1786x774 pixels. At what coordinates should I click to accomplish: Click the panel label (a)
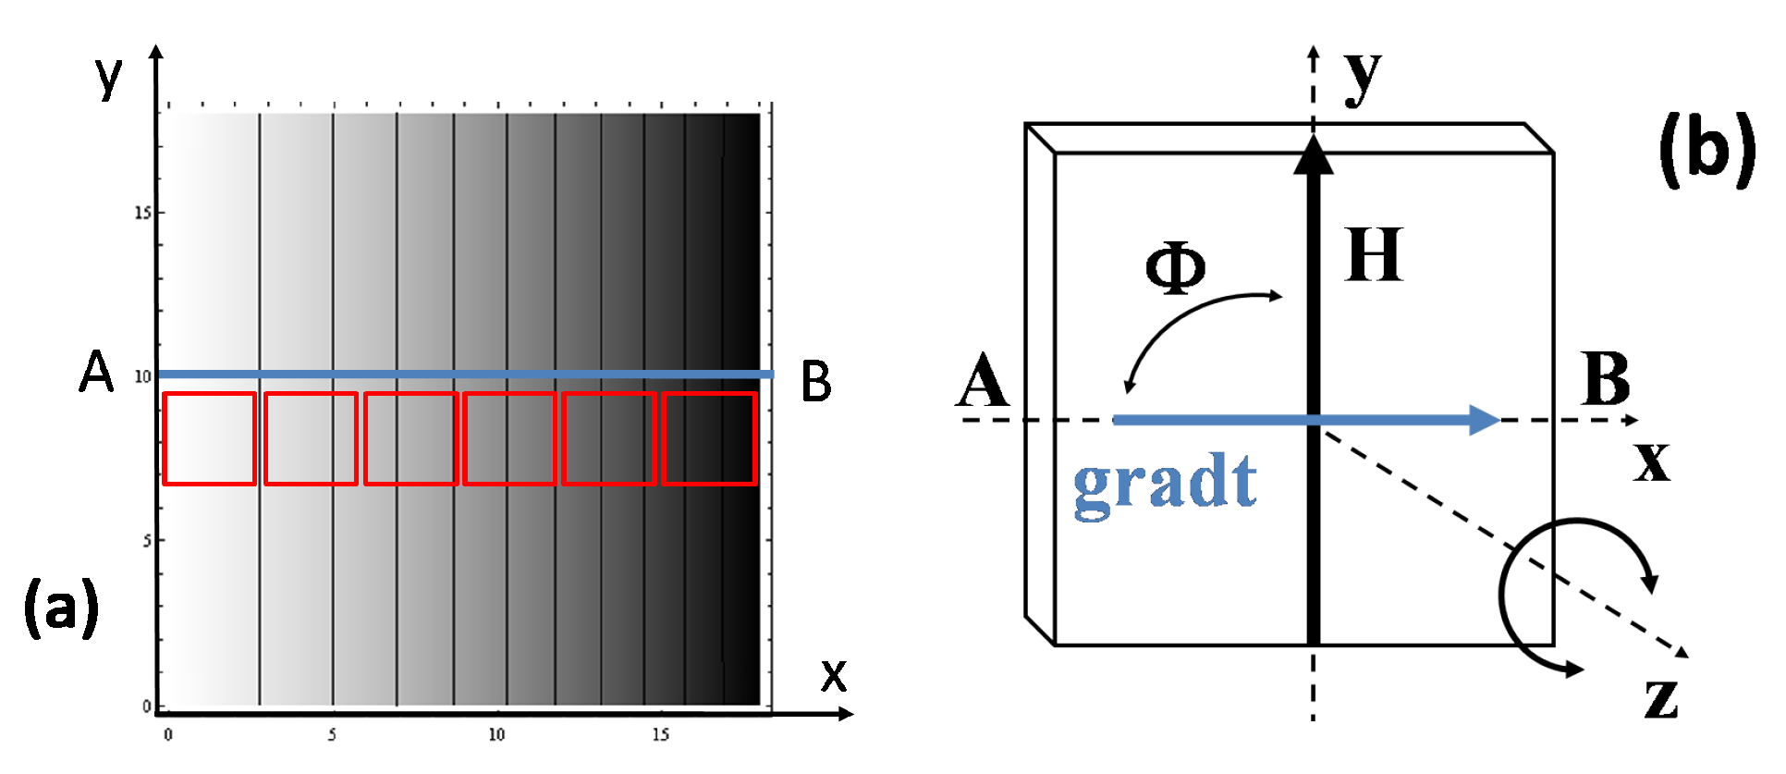61,607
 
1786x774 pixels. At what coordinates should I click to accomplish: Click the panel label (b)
1706,149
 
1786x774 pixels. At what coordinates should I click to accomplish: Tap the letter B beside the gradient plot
815,382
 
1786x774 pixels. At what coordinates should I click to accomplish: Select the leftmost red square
210,438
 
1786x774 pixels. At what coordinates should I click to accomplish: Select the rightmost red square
710,438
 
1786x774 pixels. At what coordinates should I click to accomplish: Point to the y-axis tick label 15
142,213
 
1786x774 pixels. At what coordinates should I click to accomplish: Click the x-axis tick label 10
496,735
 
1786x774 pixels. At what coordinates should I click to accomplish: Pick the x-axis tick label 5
332,735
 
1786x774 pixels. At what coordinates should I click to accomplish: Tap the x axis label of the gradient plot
834,676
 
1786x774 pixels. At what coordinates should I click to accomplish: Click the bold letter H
1374,255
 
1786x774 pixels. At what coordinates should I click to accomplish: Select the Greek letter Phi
1175,269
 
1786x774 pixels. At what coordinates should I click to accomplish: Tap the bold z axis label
1661,697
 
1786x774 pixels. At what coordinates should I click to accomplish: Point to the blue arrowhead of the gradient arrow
1483,420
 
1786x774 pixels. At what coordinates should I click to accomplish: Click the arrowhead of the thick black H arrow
1313,155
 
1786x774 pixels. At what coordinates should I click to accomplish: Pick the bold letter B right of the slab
1606,379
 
